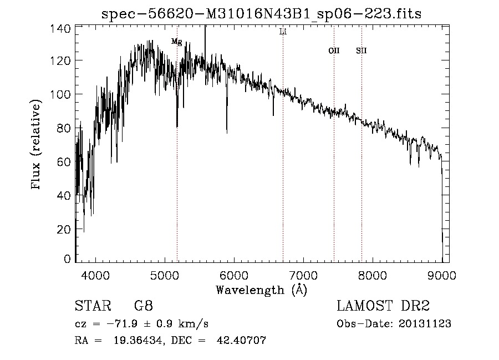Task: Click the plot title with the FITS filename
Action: coord(262,14)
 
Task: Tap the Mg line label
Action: coord(176,42)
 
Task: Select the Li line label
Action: coord(283,32)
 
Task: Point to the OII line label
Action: coord(334,51)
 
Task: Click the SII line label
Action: coord(361,51)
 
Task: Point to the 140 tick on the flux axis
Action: coord(62,28)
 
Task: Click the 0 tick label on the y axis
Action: coord(68,259)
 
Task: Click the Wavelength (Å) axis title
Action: coord(261,290)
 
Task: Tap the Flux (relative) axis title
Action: coord(37,145)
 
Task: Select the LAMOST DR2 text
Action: coord(384,306)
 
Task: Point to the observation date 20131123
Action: coord(425,324)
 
